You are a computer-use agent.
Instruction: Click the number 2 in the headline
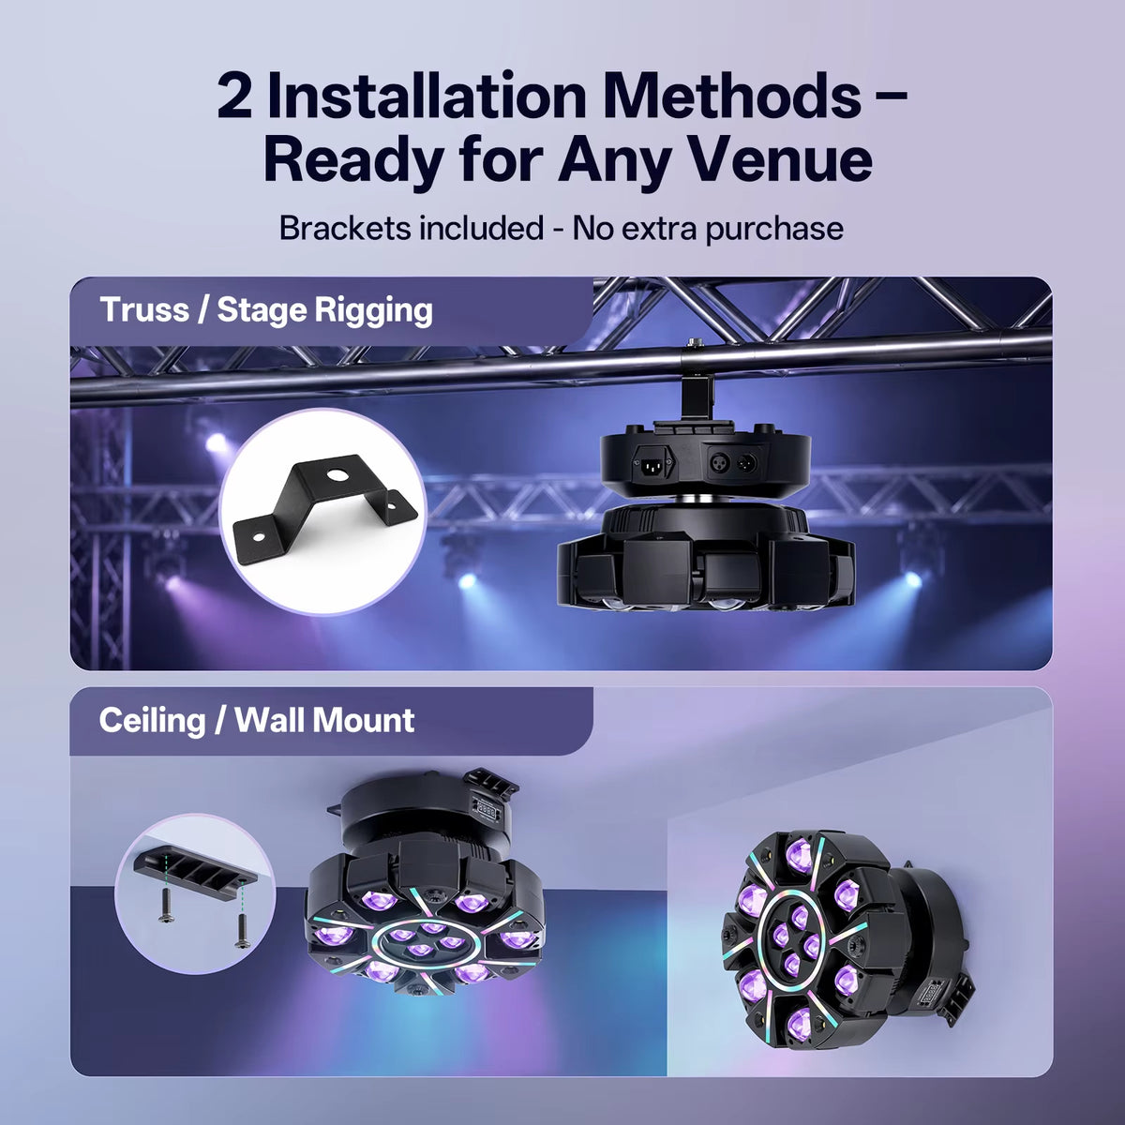[x=234, y=97]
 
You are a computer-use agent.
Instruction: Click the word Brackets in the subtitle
[x=344, y=228]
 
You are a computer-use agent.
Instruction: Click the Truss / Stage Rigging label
[x=265, y=310]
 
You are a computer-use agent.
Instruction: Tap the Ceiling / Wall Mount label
[x=257, y=720]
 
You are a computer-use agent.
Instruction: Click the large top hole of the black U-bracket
[x=337, y=474]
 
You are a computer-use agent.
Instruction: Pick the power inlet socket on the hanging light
[x=654, y=465]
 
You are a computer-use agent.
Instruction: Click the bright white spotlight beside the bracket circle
[x=217, y=443]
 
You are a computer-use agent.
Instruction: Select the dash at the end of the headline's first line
[x=892, y=97]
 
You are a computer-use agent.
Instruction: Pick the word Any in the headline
[x=613, y=161]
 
